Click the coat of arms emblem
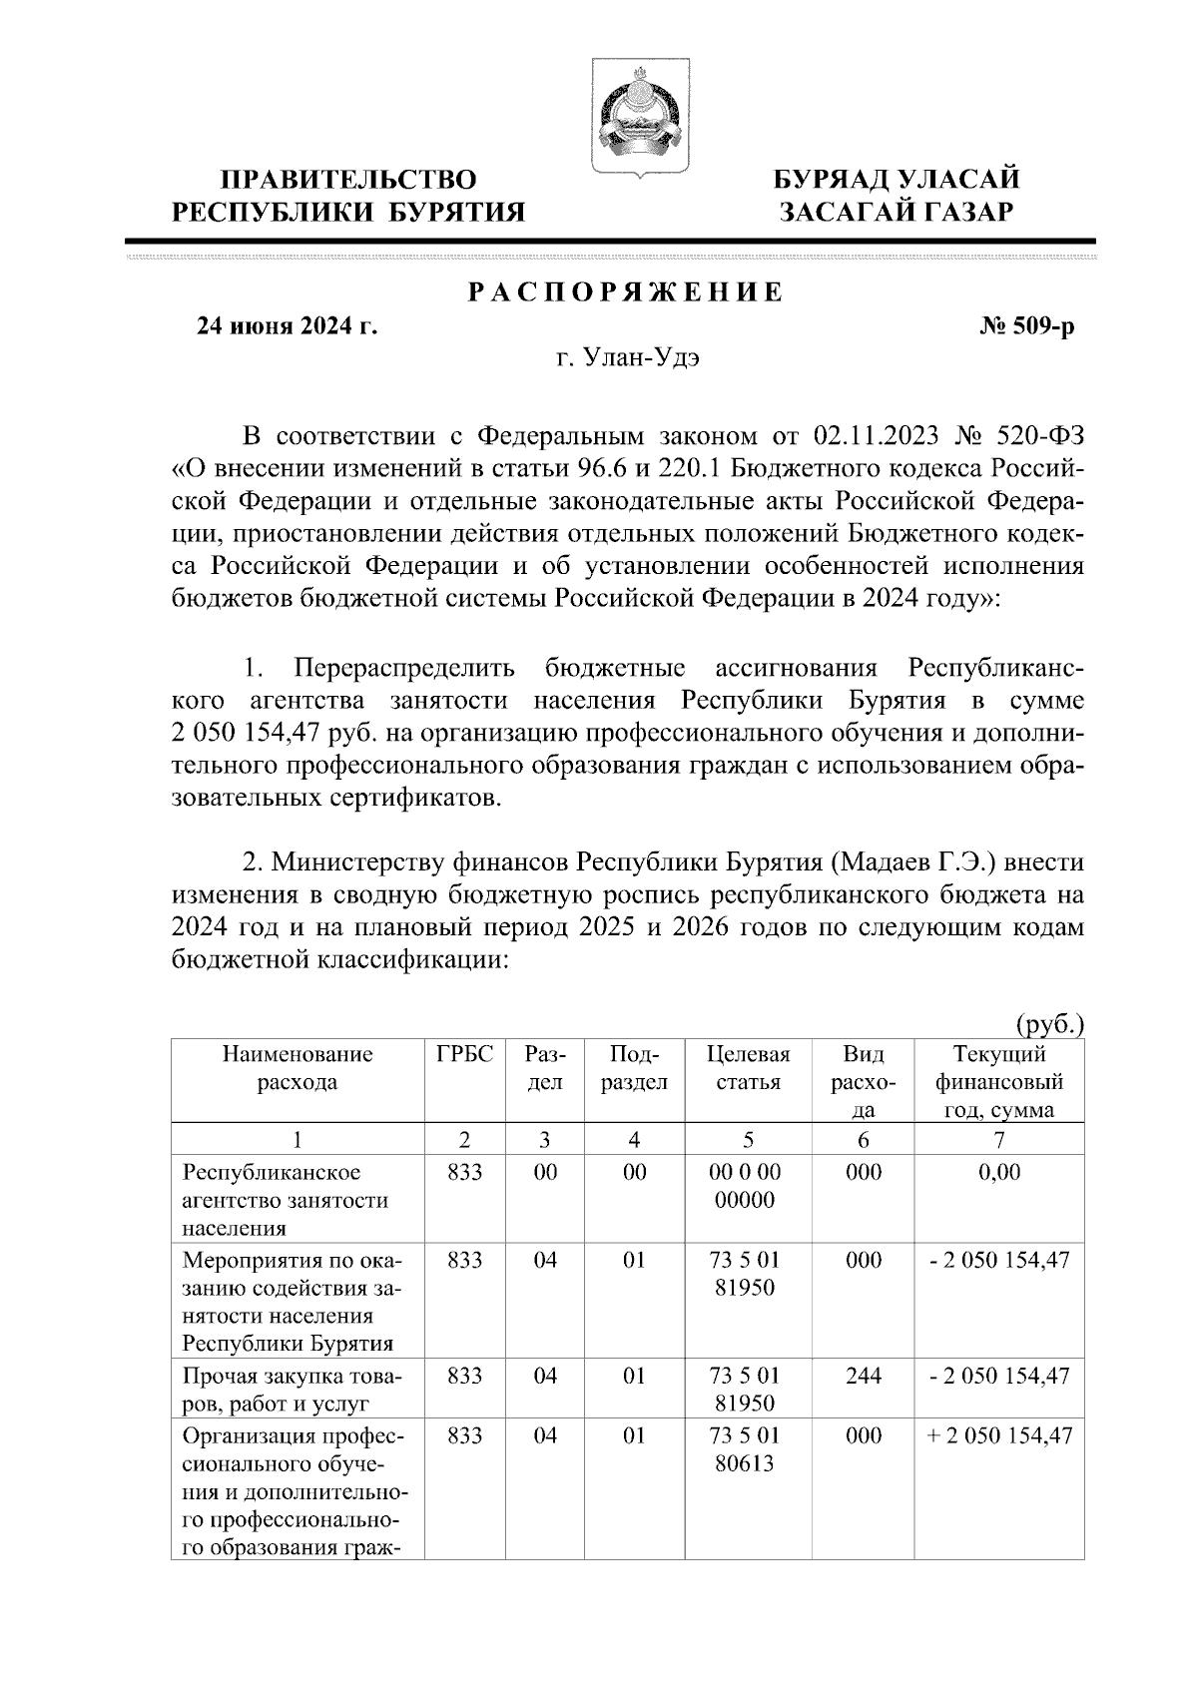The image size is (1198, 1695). [x=636, y=118]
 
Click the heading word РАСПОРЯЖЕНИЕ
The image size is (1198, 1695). [x=626, y=293]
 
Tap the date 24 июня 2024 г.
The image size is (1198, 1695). [x=287, y=326]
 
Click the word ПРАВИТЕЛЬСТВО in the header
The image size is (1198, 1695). [x=348, y=181]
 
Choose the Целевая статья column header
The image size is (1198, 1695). [x=748, y=1068]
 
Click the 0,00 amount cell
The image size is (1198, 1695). [x=999, y=1172]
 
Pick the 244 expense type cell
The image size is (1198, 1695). [x=863, y=1376]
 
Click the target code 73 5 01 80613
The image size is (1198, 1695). [x=748, y=1449]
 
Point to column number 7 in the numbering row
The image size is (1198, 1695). [x=999, y=1140]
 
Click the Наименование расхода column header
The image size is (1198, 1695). [x=298, y=1068]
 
